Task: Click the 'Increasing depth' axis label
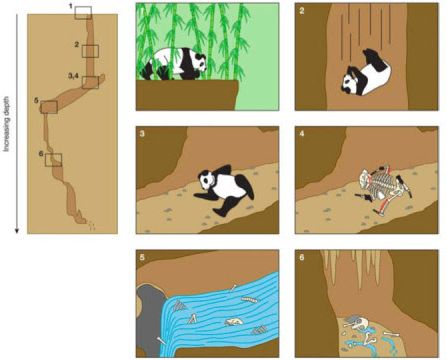tap(7, 124)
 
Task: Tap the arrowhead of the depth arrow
tap(17, 231)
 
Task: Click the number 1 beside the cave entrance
tap(71, 6)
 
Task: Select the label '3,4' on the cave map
tap(73, 76)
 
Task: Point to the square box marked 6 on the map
tap(54, 160)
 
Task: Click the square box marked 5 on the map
tap(49, 107)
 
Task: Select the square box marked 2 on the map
tap(91, 51)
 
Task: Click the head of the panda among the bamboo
tap(199, 63)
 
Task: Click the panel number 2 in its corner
tap(302, 11)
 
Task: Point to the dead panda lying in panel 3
tap(224, 191)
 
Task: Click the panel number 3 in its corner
tap(143, 134)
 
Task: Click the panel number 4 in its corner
tap(302, 134)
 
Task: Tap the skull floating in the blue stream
tap(234, 322)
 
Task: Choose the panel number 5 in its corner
tap(143, 257)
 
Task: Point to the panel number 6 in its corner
tap(302, 257)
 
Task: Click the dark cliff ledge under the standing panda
tap(187, 95)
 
